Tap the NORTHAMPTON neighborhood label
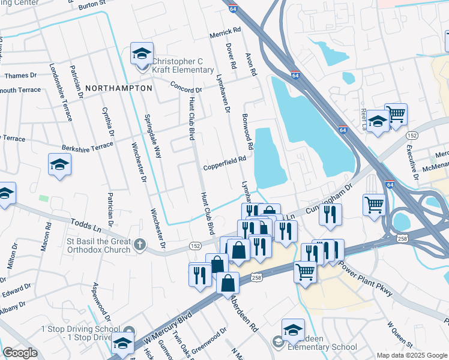[119, 88]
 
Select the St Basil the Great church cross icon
[139, 244]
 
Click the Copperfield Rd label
[225, 160]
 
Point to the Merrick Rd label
[225, 32]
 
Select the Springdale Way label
[152, 134]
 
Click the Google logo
[20, 353]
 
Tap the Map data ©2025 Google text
[412, 355]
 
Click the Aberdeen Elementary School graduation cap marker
[293, 329]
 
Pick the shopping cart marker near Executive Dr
[396, 113]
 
